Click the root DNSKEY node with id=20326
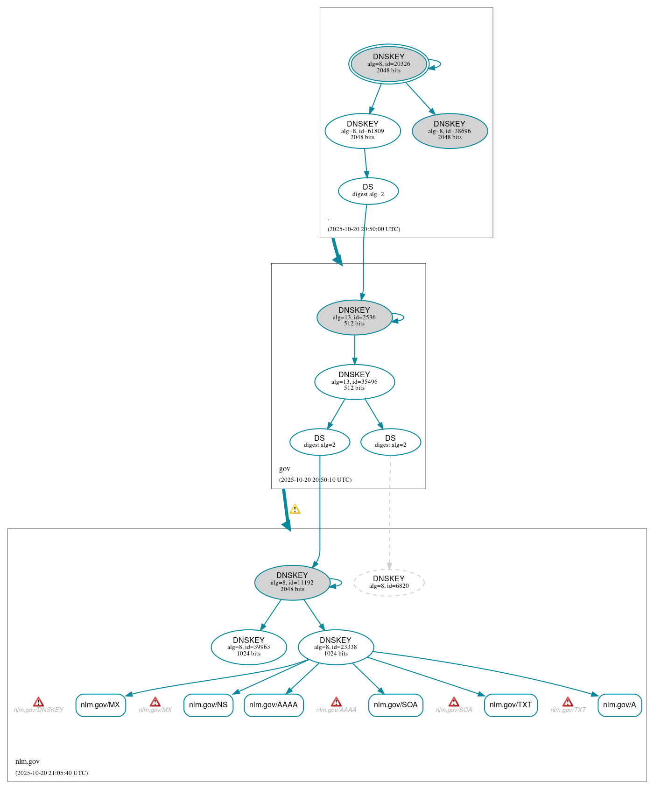click(x=388, y=64)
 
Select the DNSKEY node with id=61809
click(x=362, y=131)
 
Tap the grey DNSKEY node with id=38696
click(x=450, y=131)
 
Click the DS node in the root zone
click(x=368, y=190)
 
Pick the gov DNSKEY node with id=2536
click(x=354, y=317)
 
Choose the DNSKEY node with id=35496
click(x=354, y=381)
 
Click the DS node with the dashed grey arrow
click(x=390, y=441)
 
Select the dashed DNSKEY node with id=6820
click(x=388, y=582)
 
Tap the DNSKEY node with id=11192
click(x=292, y=582)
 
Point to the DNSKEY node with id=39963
click(x=248, y=647)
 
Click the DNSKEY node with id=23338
click(x=336, y=647)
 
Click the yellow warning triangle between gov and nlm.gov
click(x=295, y=509)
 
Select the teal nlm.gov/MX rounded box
click(x=100, y=704)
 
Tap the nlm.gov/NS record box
click(x=208, y=704)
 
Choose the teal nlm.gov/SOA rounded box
click(x=395, y=704)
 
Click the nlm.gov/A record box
click(x=619, y=704)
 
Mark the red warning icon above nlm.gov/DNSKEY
click(x=38, y=702)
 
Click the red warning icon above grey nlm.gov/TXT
click(x=568, y=702)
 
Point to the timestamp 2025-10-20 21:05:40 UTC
click(x=51, y=773)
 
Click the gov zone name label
click(x=285, y=469)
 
